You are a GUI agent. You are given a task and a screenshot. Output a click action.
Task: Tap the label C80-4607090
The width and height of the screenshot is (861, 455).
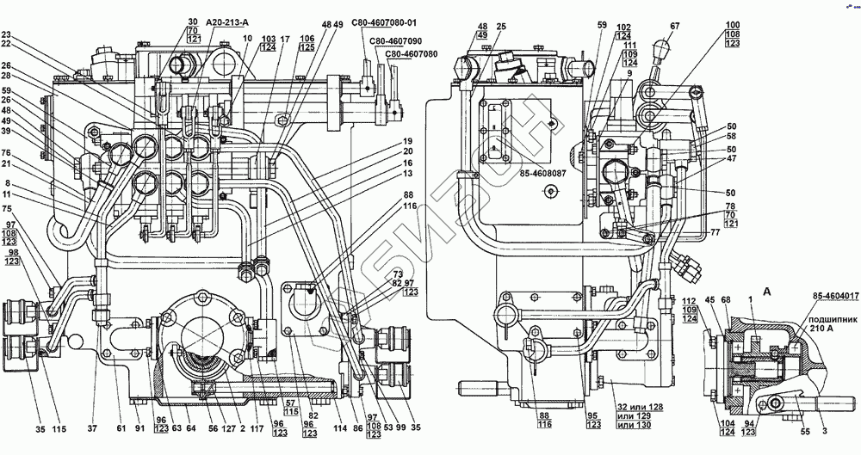pos(395,40)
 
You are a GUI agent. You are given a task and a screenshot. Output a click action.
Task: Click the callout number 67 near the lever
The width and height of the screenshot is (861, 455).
pos(675,26)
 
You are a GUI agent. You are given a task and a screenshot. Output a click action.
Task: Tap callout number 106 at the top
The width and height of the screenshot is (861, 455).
pos(307,40)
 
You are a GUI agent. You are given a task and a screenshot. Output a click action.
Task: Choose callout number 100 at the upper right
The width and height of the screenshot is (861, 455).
pos(733,26)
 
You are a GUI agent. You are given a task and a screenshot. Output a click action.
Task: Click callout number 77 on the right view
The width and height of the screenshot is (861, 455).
pos(715,233)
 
